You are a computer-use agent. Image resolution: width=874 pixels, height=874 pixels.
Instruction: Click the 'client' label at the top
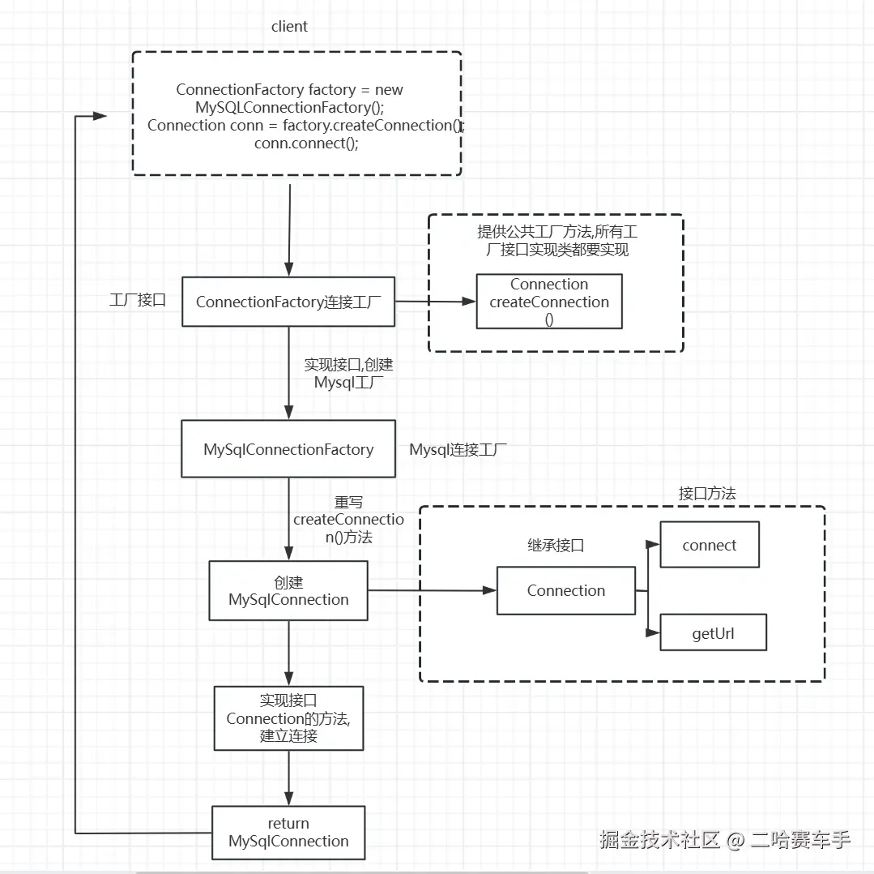[x=289, y=26]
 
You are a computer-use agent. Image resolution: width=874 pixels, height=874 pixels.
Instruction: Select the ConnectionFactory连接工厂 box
[x=288, y=302]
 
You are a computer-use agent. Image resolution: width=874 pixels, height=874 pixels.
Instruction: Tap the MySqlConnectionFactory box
[x=288, y=449]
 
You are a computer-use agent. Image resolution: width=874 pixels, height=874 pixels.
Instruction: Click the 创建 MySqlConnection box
[x=288, y=591]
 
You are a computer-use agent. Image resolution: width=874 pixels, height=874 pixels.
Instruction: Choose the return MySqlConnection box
[x=288, y=832]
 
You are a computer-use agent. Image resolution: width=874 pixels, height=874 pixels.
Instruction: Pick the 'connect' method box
[x=710, y=545]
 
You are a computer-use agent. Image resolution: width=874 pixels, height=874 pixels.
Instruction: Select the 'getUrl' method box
[x=713, y=632]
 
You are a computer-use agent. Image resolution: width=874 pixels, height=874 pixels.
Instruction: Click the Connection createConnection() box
[x=549, y=301]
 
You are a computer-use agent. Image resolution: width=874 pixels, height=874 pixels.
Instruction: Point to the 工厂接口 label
[x=138, y=300]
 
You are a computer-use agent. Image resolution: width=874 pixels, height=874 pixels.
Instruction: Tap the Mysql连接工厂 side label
[x=458, y=449]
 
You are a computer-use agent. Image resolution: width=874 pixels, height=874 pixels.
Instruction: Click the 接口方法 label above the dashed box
[x=707, y=493]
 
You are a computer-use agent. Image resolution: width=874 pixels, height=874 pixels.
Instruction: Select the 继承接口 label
[x=556, y=545]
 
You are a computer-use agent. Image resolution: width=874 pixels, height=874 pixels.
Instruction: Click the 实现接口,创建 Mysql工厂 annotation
[x=348, y=373]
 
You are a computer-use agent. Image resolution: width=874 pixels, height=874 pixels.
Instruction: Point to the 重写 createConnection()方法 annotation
[x=349, y=519]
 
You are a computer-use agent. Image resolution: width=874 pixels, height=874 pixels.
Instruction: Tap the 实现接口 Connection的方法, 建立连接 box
[x=288, y=718]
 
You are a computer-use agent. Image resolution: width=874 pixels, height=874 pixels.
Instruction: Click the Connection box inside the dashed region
[x=566, y=591]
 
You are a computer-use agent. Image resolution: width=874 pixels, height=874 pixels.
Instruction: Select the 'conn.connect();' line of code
[x=306, y=144]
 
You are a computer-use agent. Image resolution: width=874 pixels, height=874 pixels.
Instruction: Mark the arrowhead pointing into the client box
[x=100, y=116]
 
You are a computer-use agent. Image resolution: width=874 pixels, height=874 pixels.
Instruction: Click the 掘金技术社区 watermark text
[x=659, y=839]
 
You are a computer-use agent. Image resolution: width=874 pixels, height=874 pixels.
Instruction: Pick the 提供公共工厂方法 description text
[x=557, y=241]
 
